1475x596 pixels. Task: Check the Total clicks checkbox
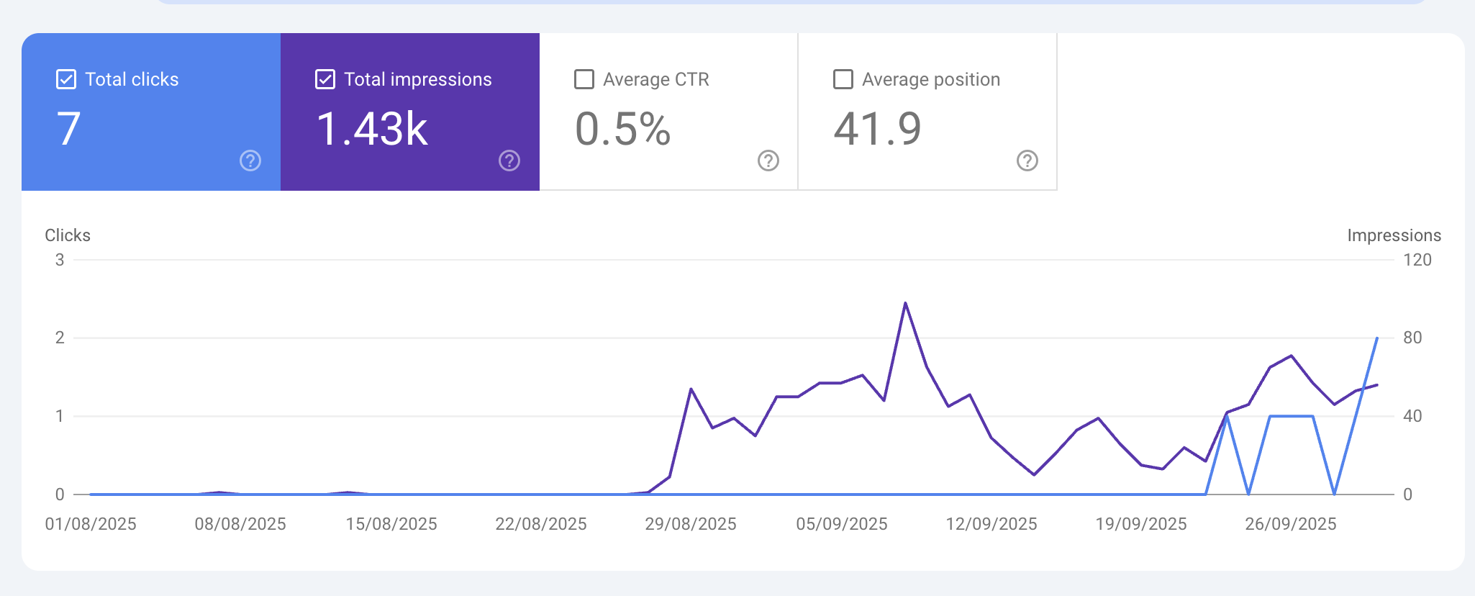[x=66, y=79]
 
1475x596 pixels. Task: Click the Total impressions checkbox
[x=325, y=79]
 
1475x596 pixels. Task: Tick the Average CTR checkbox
[x=584, y=79]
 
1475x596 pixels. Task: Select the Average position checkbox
[x=843, y=79]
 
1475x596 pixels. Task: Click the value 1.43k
[x=372, y=130]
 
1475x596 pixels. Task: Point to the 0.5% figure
[x=623, y=130]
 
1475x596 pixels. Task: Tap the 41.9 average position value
[x=877, y=130]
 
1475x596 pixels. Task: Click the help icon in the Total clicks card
[x=250, y=161]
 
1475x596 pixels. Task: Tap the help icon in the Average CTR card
[x=768, y=161]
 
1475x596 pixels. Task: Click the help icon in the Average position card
[x=1027, y=161]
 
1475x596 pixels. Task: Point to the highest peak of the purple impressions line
[x=905, y=303]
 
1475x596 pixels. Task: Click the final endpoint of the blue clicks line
[x=1377, y=338]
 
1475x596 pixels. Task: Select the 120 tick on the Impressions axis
[x=1417, y=260]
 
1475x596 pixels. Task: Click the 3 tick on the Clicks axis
[x=60, y=260]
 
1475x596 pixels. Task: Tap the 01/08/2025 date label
[x=91, y=524]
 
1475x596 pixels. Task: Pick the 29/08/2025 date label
[x=691, y=524]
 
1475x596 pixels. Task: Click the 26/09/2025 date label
[x=1291, y=524]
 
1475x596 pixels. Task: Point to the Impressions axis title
[x=1394, y=235]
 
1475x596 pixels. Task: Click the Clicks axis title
[x=68, y=235]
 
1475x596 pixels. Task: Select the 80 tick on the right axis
[x=1412, y=338]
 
